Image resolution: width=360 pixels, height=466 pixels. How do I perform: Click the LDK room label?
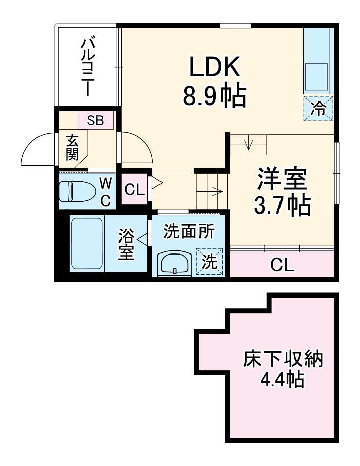pos(215,67)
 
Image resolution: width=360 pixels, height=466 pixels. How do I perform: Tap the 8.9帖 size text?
pos(215,96)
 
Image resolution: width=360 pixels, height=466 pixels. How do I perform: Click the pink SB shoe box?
pos(95,120)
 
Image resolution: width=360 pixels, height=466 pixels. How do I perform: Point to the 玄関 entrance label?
pos(72,147)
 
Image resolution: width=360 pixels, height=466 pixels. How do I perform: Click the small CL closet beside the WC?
pos(135,189)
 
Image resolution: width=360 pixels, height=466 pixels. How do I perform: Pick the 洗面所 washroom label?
pos(189,231)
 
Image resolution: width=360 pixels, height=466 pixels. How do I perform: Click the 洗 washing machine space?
pos(210,261)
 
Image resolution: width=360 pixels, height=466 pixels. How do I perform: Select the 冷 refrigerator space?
pos(318,108)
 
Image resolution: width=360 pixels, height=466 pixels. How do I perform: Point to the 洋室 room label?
pos(282,179)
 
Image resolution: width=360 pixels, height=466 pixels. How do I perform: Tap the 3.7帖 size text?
pos(282,205)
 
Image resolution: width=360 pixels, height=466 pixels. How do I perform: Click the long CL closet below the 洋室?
pos(282,264)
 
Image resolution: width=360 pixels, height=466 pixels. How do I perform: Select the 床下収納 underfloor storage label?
pos(283,360)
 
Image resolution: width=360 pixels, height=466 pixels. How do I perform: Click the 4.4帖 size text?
pos(283,379)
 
